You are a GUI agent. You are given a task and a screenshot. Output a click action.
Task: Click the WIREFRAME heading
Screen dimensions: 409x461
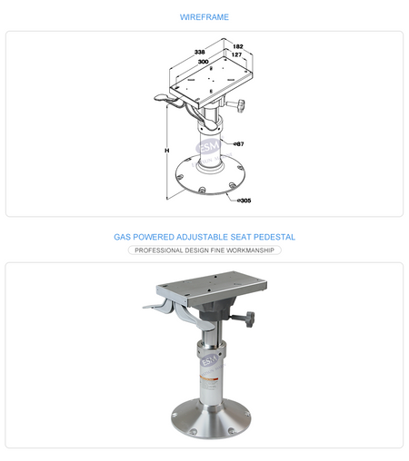204,17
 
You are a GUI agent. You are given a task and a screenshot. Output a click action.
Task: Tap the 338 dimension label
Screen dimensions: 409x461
199,52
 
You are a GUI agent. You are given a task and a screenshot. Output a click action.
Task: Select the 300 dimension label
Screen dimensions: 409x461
203,62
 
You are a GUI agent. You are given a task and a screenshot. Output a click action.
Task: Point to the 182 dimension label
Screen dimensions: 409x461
238,46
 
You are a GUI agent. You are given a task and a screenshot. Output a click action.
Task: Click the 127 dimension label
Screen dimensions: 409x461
236,54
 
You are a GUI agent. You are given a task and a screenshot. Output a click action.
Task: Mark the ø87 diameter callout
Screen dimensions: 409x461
239,144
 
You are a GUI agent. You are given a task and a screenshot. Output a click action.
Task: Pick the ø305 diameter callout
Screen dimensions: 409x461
244,201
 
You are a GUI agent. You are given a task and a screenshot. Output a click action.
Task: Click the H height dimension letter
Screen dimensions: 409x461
167,151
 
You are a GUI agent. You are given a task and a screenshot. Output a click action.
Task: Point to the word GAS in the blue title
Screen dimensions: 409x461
122,237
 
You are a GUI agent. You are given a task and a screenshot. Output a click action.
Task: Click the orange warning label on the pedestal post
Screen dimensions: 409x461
209,378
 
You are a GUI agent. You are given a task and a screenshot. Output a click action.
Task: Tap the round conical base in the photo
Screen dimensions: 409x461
211,419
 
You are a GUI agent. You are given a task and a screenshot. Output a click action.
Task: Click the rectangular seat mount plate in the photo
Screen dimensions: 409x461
212,288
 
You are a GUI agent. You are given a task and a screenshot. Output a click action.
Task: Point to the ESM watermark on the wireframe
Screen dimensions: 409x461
208,146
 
